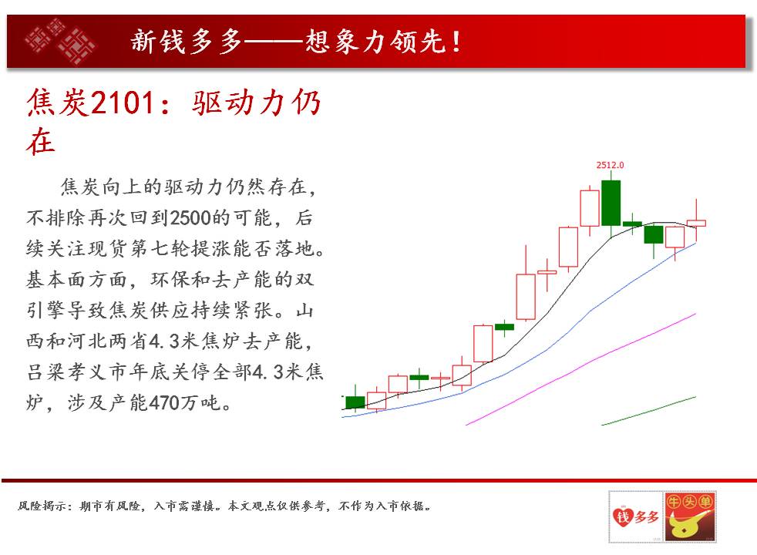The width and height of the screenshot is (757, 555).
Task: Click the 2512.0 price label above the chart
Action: [610, 165]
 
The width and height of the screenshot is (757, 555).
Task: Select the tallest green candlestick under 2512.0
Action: [611, 203]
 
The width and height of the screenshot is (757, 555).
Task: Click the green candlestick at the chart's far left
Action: [355, 402]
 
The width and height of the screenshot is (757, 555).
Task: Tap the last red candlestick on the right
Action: [695, 223]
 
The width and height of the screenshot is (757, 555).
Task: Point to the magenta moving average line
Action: [580, 369]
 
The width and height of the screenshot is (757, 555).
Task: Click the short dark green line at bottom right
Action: [648, 411]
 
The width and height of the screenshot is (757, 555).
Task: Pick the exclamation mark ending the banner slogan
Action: [456, 42]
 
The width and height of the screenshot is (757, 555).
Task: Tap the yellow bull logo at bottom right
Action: [690, 516]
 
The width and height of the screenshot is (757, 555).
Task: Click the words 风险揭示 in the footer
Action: [41, 506]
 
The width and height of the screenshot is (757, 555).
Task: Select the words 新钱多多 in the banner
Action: [187, 41]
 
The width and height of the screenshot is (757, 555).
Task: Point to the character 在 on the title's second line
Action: [41, 141]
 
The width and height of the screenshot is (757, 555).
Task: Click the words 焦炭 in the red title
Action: [58, 103]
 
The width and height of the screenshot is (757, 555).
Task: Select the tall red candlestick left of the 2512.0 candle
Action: [590, 208]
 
